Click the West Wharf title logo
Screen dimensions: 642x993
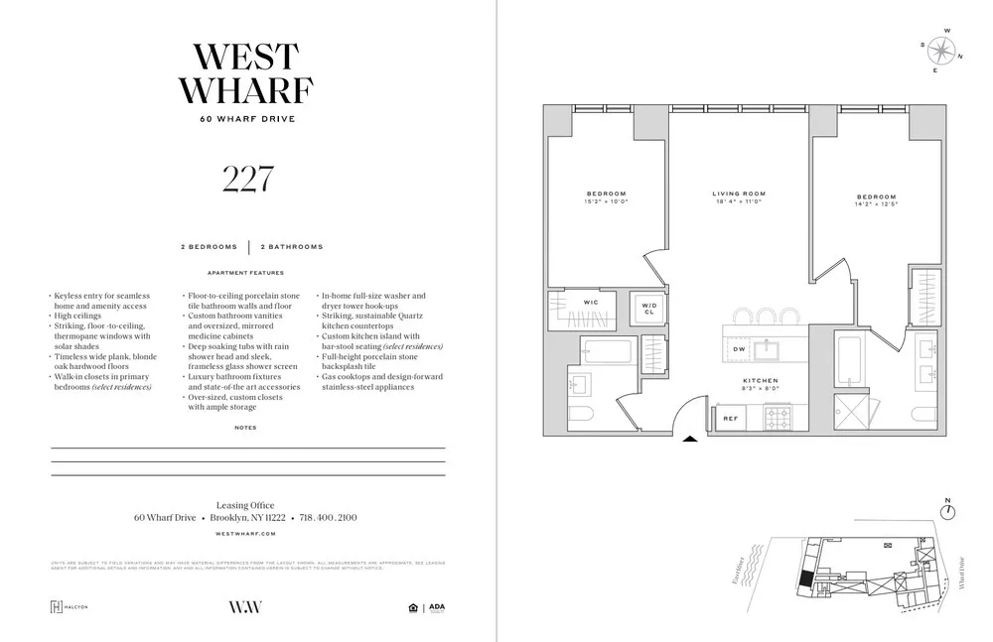(246, 72)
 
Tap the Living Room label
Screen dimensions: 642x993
(739, 193)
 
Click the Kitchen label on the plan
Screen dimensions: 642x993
(761, 380)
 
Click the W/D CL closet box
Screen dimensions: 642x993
(648, 309)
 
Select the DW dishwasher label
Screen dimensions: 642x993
(739, 349)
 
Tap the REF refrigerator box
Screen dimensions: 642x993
(730, 419)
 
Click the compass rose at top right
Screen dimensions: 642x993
(939, 50)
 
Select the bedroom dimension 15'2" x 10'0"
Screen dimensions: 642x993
(606, 201)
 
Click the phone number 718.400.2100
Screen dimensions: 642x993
(327, 518)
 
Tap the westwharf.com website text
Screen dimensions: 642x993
(245, 534)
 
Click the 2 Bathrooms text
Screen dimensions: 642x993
(292, 246)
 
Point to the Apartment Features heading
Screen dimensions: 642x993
(245, 273)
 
